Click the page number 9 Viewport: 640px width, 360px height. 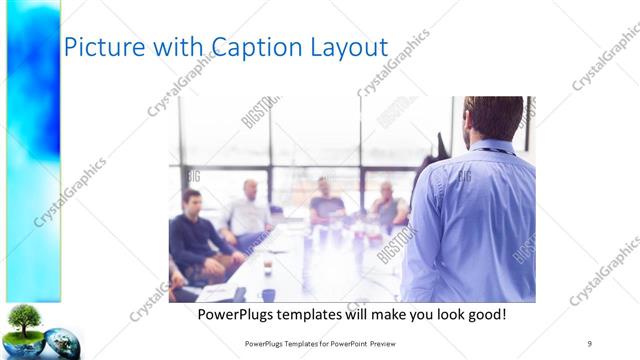pyautogui.click(x=589, y=343)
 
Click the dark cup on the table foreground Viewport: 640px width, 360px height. pyautogui.click(x=268, y=293)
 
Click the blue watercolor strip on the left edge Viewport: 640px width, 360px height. pyautogui.click(x=33, y=150)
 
